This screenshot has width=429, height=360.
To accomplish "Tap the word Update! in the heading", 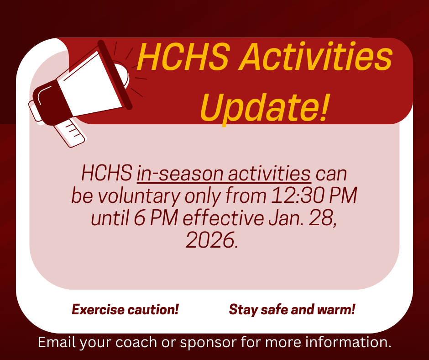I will click(264, 107).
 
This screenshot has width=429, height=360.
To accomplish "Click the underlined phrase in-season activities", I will click(224, 174).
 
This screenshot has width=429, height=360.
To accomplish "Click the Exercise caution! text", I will click(125, 310).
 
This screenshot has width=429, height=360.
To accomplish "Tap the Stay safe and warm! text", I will click(292, 310).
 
